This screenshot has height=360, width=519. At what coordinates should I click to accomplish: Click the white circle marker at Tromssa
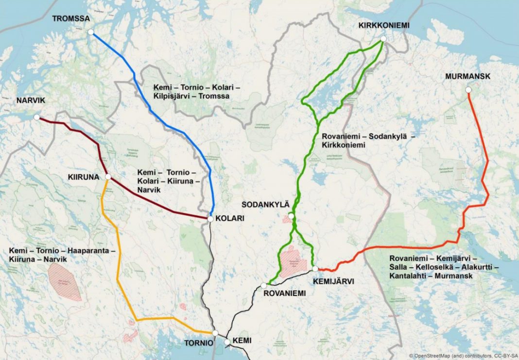click(90, 32)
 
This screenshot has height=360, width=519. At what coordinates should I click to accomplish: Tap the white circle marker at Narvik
click(37, 118)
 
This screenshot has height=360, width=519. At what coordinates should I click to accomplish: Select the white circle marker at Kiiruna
click(108, 177)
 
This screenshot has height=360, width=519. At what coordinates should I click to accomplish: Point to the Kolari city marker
click(210, 219)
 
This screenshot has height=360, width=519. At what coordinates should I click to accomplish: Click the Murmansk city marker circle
click(468, 90)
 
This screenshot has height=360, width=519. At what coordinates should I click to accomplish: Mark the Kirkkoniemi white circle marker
click(383, 39)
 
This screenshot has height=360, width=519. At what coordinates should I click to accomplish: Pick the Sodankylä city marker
click(291, 216)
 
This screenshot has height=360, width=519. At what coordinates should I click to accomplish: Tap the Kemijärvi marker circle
click(315, 269)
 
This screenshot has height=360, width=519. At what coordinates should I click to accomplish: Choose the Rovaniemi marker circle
click(263, 285)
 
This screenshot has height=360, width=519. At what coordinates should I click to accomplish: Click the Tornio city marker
click(215, 333)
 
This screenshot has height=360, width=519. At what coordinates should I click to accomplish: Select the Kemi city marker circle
click(227, 342)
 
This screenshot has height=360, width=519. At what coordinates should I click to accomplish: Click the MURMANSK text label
click(467, 77)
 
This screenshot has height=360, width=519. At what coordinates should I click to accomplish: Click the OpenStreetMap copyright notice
click(462, 356)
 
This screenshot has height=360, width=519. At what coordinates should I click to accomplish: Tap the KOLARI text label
click(229, 219)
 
